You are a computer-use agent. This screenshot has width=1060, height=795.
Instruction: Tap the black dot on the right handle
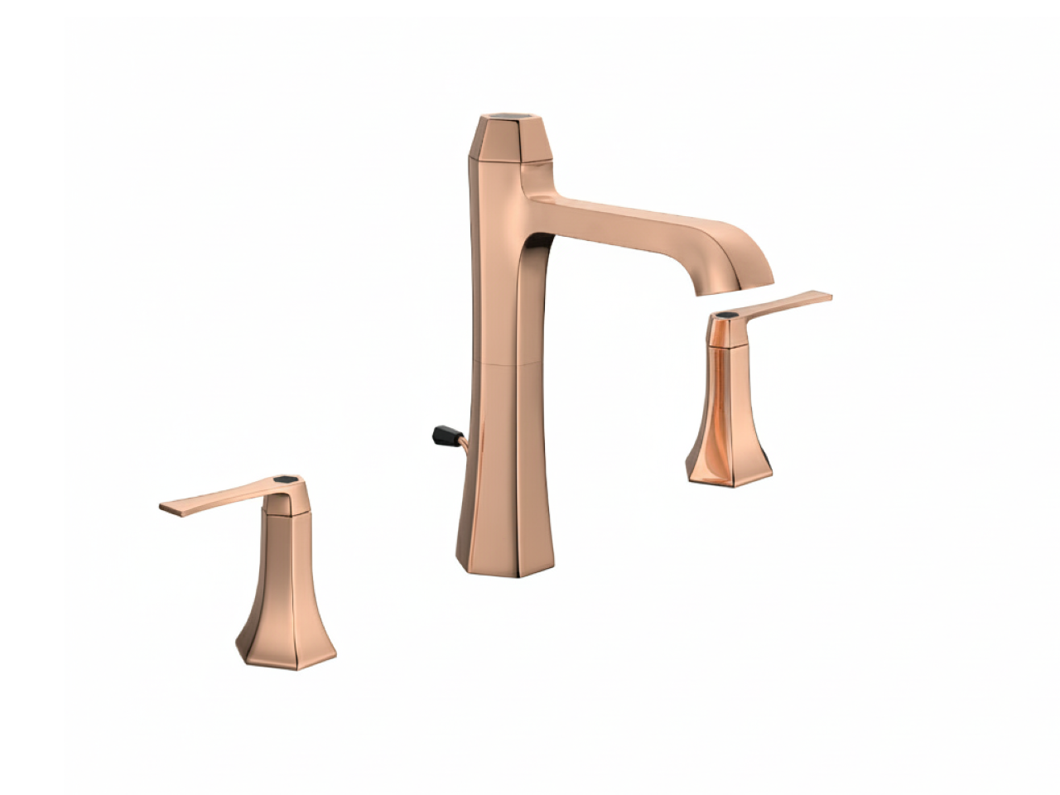728,315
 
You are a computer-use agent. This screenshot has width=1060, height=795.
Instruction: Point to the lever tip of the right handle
819,296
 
